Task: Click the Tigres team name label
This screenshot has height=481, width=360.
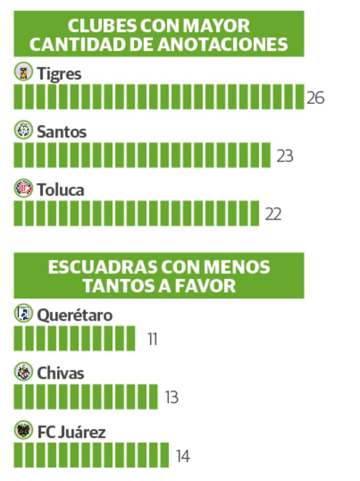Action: point(59,74)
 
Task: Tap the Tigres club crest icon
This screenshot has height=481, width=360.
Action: point(23,72)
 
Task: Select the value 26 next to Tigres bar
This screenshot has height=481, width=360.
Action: point(315,98)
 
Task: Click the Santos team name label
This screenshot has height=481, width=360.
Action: point(61,132)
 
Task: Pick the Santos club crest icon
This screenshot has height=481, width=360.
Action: point(23,130)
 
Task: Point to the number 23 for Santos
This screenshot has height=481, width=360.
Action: point(285,156)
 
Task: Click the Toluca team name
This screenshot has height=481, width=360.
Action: point(60,190)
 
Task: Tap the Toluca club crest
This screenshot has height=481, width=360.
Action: point(23,188)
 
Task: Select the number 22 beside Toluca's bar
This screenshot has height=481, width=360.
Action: point(273,214)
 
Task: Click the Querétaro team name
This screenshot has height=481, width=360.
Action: point(75,316)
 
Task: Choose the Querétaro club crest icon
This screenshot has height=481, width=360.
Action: point(23,314)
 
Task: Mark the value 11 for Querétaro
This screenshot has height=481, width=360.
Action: point(153,340)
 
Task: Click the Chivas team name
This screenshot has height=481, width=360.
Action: point(60,374)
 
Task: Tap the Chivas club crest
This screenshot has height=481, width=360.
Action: point(23,372)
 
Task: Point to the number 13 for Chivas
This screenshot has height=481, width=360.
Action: point(171,398)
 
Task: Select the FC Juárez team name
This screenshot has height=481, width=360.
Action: point(72,432)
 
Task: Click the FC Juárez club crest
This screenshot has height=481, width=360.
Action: point(23,430)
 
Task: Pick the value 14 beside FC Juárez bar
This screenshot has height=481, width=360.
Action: point(182,457)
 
